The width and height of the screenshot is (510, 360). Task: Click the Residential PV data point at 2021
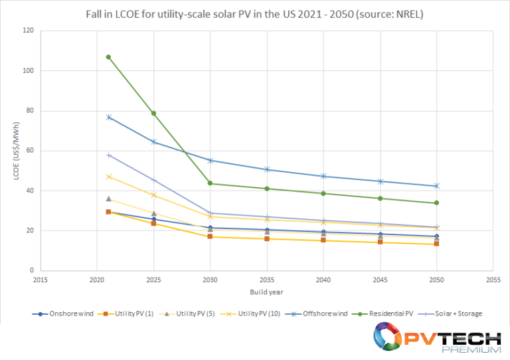coord(108,57)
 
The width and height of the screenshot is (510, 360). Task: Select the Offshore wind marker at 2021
coord(108,117)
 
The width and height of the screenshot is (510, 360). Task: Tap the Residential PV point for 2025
coord(154,114)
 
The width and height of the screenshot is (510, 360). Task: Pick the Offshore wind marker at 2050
coord(436,186)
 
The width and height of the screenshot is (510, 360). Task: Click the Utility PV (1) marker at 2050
coord(436,244)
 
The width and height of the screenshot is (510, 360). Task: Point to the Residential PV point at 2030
coord(211,183)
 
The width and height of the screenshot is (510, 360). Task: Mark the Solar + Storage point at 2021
coord(108,155)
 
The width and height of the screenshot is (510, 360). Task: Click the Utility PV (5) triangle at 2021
coord(108,199)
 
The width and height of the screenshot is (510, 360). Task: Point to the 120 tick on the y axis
coord(29,31)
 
